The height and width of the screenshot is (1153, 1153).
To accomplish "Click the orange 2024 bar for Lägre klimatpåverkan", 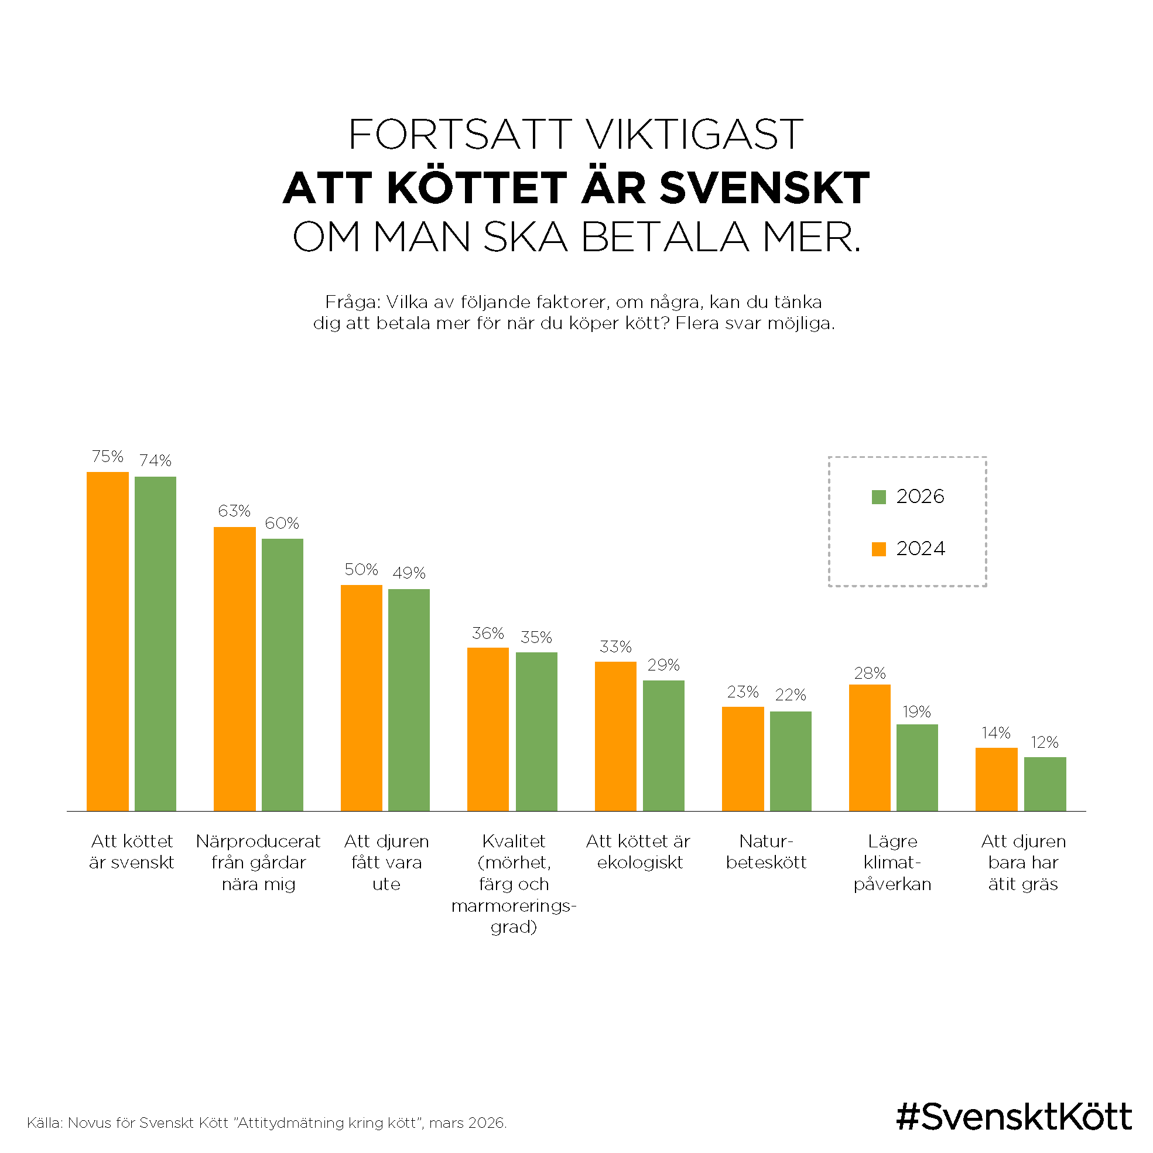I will (x=870, y=747).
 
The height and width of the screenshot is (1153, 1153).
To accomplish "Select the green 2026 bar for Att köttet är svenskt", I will (x=155, y=644).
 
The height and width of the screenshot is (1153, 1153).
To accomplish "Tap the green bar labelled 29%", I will (x=663, y=745).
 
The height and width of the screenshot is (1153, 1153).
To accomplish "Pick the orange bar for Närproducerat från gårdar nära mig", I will (x=235, y=668).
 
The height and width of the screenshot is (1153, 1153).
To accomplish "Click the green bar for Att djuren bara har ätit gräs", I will (x=1045, y=784).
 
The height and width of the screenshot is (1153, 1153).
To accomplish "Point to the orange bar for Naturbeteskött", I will (x=743, y=758).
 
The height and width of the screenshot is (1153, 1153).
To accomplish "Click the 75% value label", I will (x=107, y=457).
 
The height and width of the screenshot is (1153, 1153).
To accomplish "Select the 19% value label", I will (x=916, y=711).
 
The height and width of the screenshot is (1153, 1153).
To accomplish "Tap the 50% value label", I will (x=361, y=569).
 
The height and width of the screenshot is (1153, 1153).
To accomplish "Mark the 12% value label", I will (x=1045, y=743).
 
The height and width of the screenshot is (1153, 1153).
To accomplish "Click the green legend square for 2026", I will (x=878, y=497).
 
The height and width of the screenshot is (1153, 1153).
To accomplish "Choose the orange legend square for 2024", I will (x=878, y=549).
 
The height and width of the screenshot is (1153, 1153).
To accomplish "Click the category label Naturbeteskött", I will (x=767, y=851).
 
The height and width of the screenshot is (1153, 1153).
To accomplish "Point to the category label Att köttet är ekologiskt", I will (x=638, y=851).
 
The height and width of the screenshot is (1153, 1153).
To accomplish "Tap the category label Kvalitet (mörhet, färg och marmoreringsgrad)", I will (x=514, y=884).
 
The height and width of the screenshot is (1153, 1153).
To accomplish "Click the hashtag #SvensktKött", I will (x=1014, y=1116).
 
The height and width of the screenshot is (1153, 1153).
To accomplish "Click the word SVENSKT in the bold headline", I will (x=765, y=188).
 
